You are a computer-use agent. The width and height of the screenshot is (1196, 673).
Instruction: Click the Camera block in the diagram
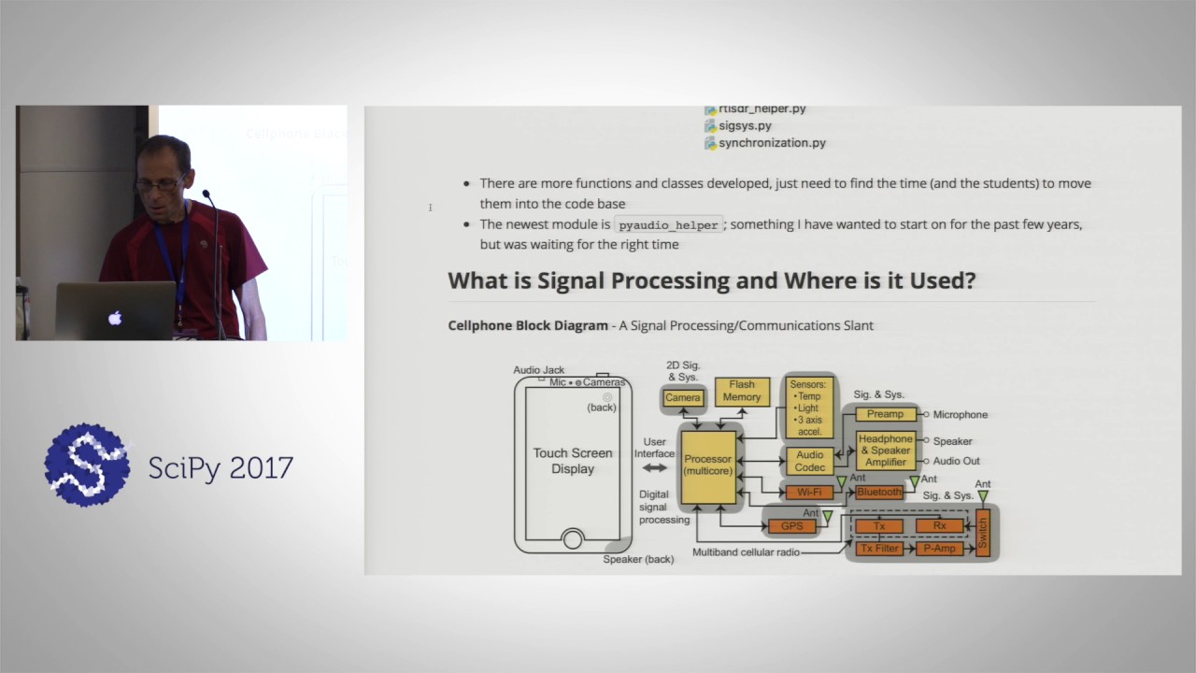(682, 397)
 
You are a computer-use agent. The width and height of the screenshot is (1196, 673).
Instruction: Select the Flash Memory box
(742, 391)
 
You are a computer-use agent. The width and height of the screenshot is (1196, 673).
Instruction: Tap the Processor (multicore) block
(707, 465)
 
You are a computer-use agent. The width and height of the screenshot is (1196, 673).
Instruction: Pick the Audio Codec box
(809, 461)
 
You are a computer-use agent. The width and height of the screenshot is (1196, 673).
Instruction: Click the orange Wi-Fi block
(809, 492)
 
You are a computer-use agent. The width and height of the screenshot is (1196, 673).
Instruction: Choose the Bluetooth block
(879, 492)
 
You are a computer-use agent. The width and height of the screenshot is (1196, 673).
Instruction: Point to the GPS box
(791, 526)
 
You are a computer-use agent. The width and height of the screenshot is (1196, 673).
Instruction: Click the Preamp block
(884, 414)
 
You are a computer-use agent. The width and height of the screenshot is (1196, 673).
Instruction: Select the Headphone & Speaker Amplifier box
(885, 451)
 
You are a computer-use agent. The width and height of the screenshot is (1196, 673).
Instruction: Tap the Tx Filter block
(879, 549)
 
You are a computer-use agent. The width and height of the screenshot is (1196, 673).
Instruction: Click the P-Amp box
(939, 549)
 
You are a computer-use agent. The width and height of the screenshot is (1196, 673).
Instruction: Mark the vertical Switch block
(982, 534)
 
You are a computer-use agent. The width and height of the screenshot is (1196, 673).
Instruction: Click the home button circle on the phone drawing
(573, 539)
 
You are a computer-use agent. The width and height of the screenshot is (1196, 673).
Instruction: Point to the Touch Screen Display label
(573, 461)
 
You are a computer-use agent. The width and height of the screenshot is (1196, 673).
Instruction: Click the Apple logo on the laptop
(115, 318)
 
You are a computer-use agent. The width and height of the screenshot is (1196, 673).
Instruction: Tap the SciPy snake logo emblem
(87, 465)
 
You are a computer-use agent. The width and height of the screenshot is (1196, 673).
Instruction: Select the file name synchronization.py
(772, 143)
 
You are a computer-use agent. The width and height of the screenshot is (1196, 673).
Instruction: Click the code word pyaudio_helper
(668, 225)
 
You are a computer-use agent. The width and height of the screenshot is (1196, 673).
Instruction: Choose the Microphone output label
(960, 414)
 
